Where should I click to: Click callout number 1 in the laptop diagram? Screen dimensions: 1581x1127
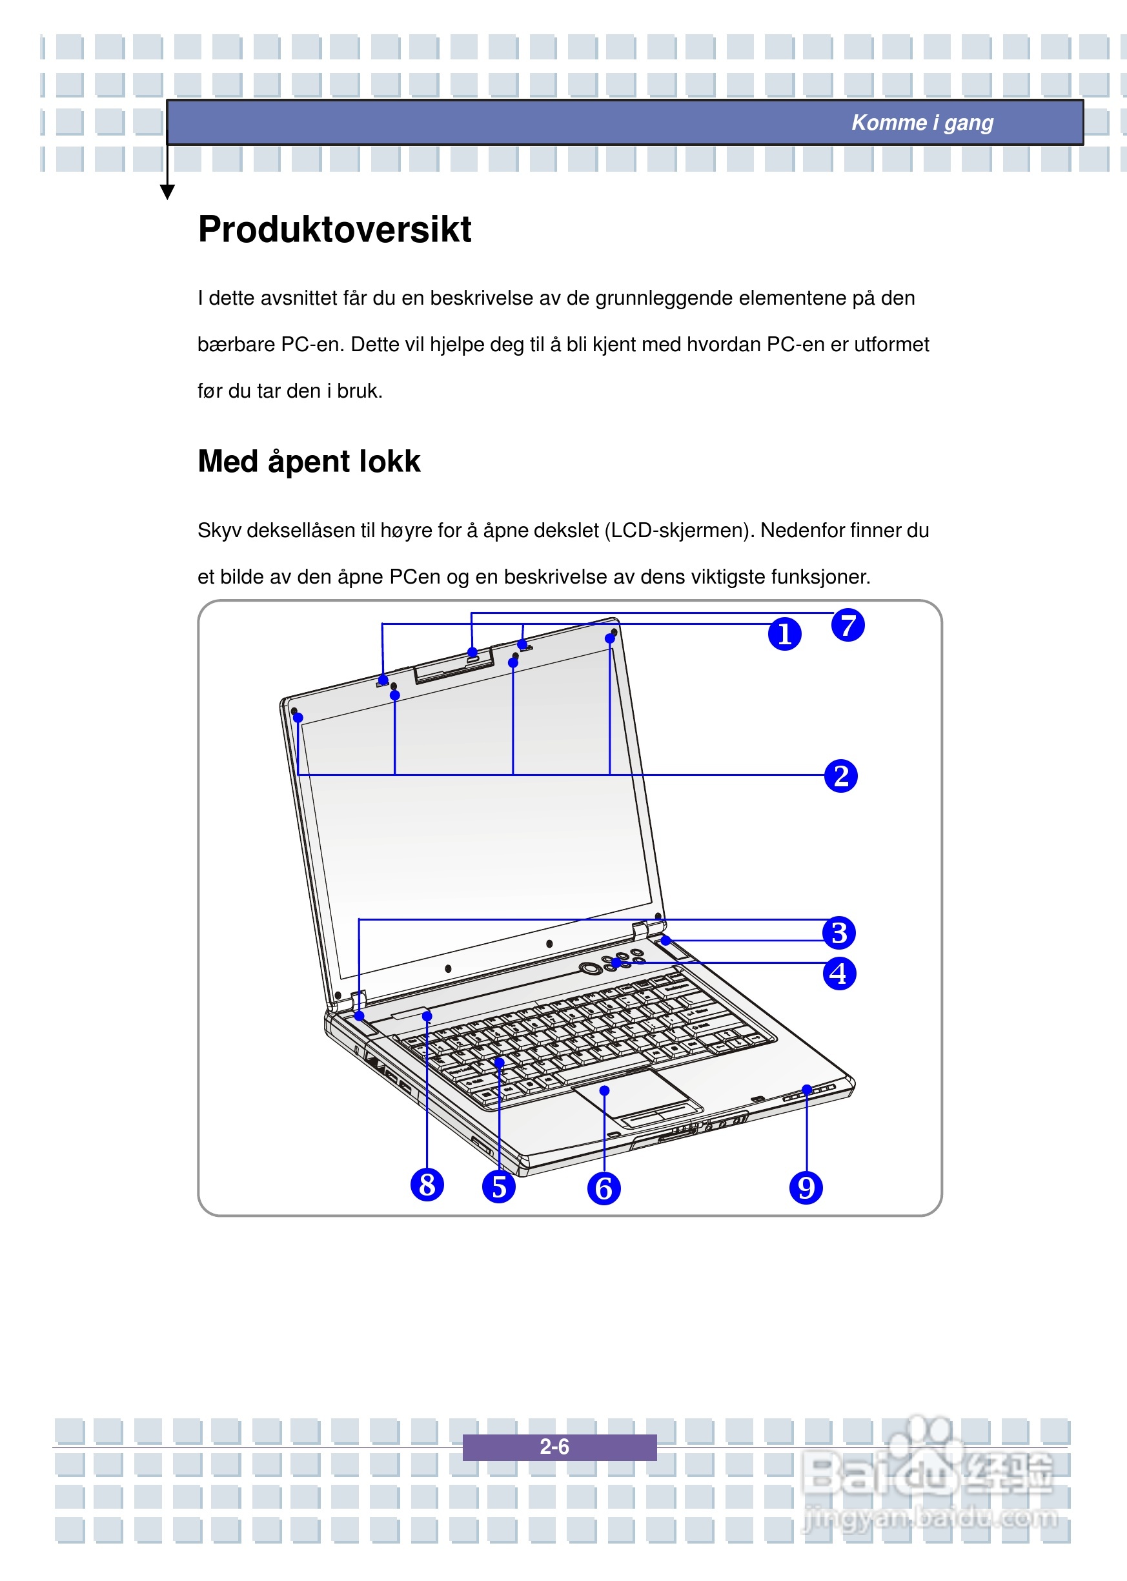click(784, 634)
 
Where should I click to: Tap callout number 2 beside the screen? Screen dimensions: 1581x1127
click(840, 775)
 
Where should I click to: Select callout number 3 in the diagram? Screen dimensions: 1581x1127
click(839, 932)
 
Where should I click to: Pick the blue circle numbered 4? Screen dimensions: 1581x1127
click(839, 973)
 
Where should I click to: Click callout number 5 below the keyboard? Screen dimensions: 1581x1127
click(498, 1186)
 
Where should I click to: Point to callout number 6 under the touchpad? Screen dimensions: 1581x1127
click(604, 1188)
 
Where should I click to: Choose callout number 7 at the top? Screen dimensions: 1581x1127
click(848, 625)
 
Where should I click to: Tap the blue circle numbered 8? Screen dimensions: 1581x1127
click(427, 1184)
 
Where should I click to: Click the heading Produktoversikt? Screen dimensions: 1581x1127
click(334, 229)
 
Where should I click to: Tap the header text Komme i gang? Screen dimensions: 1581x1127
click(922, 123)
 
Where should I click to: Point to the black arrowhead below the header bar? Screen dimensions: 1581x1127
click(167, 192)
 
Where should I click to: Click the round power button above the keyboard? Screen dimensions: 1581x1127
click(591, 968)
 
